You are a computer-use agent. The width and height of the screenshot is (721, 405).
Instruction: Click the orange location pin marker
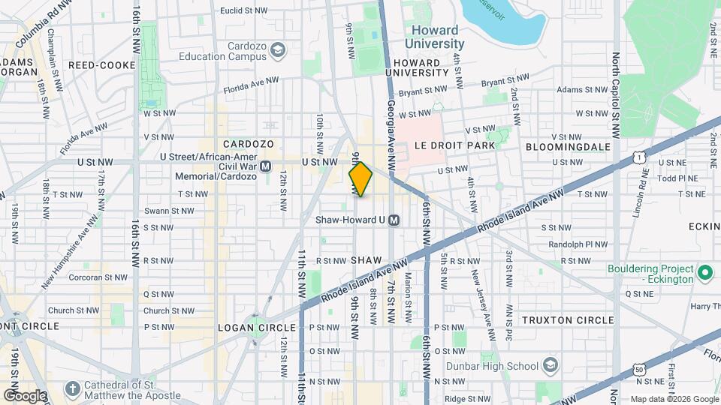360,178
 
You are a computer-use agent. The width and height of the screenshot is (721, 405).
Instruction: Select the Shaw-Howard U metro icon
394,220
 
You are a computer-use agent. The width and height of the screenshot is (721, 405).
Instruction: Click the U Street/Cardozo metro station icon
265,166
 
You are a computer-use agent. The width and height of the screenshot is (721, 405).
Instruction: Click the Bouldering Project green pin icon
704,272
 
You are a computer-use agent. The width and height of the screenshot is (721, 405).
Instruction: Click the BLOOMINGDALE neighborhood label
566,145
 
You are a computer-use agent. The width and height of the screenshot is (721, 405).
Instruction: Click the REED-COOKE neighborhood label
101,65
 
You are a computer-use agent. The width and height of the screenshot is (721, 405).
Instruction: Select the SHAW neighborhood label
367,259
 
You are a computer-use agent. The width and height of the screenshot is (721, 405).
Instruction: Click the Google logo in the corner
24,395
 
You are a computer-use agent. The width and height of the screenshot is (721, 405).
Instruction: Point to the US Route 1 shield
640,156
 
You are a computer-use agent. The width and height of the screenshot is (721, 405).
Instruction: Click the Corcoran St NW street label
74,277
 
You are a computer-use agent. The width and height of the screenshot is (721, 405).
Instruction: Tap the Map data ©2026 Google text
673,399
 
